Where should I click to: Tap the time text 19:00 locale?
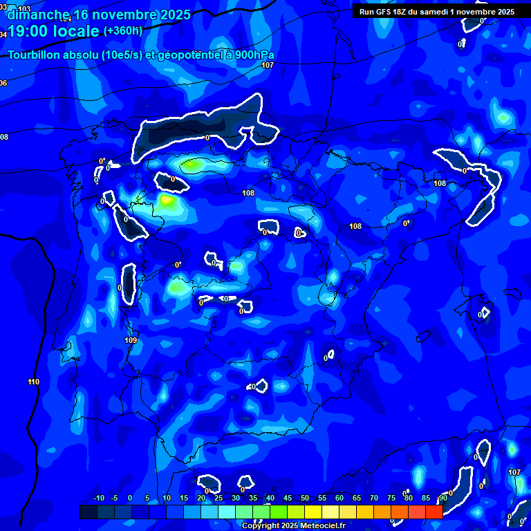[x=53, y=31]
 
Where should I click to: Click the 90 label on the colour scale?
[x=442, y=498]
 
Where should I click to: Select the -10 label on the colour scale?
[x=98, y=498]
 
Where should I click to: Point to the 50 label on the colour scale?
[x=305, y=498]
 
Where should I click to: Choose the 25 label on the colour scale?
[x=218, y=498]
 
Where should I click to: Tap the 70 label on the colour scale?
[x=374, y=498]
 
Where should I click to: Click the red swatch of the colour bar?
[x=434, y=512]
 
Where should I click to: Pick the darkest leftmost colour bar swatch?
[x=88, y=512]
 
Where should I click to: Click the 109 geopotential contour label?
[x=131, y=340]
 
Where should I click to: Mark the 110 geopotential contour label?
[x=34, y=382]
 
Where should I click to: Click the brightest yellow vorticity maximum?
[x=166, y=201]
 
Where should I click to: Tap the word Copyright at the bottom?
[x=261, y=526]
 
